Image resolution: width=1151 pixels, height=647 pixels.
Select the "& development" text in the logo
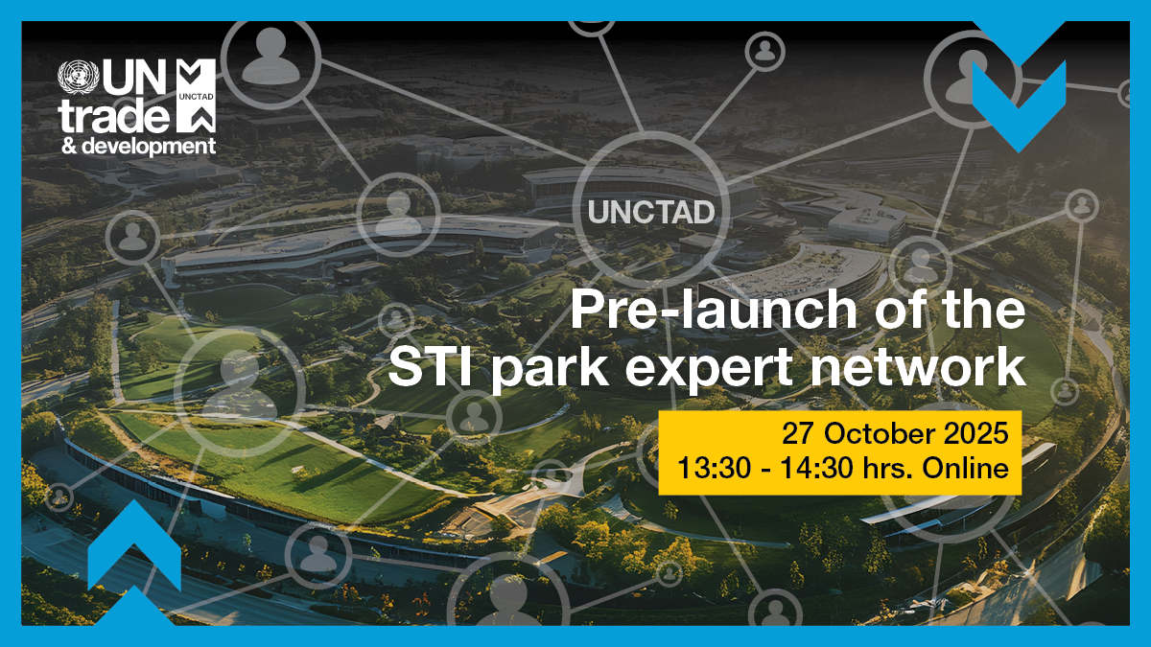point(137,146)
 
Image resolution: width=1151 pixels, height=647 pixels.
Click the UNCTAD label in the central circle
point(651,212)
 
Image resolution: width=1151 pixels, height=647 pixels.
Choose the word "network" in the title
point(926,368)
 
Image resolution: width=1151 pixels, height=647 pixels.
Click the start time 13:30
point(708,469)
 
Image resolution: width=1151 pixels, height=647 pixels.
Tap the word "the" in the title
point(987,312)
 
